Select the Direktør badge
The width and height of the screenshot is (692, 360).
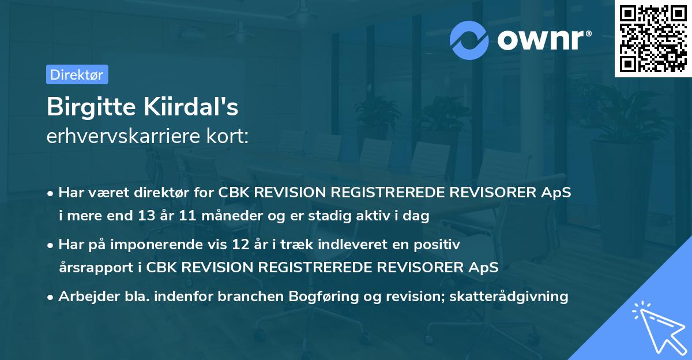(x=77, y=74)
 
